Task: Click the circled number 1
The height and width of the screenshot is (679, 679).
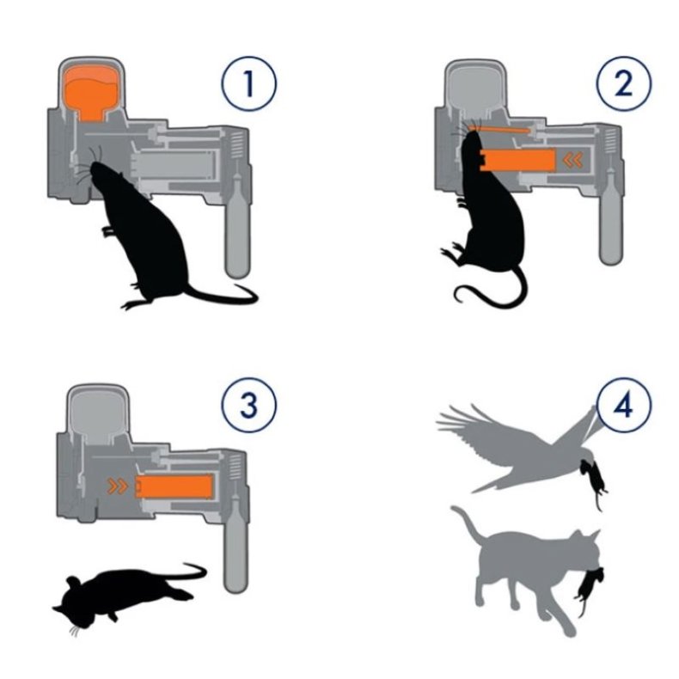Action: tap(248, 83)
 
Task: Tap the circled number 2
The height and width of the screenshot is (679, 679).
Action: tap(624, 83)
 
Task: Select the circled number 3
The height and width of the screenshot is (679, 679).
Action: tap(248, 406)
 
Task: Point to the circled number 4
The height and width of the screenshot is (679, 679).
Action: tap(624, 406)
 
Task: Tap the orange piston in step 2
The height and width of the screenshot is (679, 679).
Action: tap(518, 160)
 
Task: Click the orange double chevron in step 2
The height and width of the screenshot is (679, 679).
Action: tap(573, 160)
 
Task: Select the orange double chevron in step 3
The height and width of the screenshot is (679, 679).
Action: tap(118, 486)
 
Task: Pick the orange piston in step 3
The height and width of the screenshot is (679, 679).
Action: tap(174, 486)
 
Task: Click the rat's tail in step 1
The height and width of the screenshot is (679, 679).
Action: tap(221, 295)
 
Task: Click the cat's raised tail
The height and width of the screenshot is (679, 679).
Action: tap(468, 526)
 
